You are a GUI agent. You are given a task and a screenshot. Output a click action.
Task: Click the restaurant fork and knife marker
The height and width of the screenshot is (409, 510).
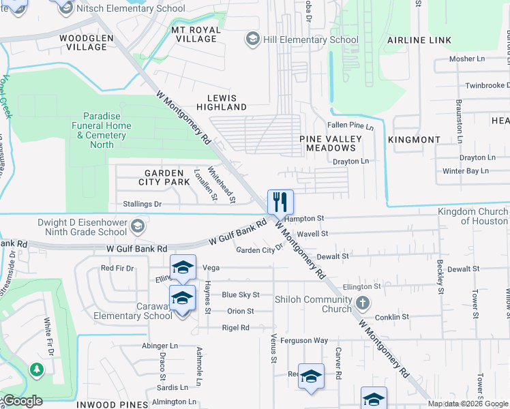coord(280,202)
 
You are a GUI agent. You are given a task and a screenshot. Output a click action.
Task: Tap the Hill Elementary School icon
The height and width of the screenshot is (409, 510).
coord(253,40)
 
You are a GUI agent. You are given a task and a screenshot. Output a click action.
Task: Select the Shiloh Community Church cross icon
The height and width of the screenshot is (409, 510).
coord(363,303)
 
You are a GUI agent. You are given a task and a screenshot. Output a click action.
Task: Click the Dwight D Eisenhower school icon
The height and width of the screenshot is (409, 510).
coord(138,226)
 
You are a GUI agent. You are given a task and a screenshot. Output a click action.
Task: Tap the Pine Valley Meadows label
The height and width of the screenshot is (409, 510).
coord(331,143)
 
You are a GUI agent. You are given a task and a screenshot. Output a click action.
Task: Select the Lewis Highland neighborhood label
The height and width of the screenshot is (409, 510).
coord(222,102)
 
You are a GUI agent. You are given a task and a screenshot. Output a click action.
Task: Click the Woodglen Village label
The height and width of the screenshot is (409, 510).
coord(83,42)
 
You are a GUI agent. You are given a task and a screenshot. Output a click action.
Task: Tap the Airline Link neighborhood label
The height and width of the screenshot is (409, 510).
coord(419,40)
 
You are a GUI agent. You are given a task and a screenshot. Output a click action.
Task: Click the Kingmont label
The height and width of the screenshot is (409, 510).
coord(414,139)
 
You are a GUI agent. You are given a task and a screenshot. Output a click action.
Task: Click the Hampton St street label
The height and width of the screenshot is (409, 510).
coord(304,218)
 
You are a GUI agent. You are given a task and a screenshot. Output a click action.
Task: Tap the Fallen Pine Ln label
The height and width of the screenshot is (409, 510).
coord(350,126)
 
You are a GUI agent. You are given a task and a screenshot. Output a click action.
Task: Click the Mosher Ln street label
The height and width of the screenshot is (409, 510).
coord(466,59)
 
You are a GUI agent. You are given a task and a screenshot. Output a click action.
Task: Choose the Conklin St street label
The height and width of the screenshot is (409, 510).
coord(391,317)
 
